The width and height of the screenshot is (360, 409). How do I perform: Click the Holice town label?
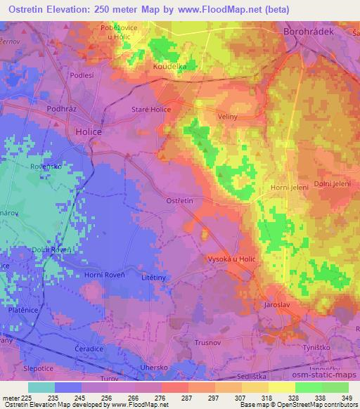pyautogui.click(x=87, y=130)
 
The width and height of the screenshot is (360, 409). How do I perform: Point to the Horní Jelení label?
pyautogui.click(x=288, y=188)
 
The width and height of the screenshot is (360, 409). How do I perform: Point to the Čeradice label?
pyautogui.click(x=89, y=349)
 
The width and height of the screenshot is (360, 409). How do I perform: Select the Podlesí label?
pyautogui.click(x=82, y=74)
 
